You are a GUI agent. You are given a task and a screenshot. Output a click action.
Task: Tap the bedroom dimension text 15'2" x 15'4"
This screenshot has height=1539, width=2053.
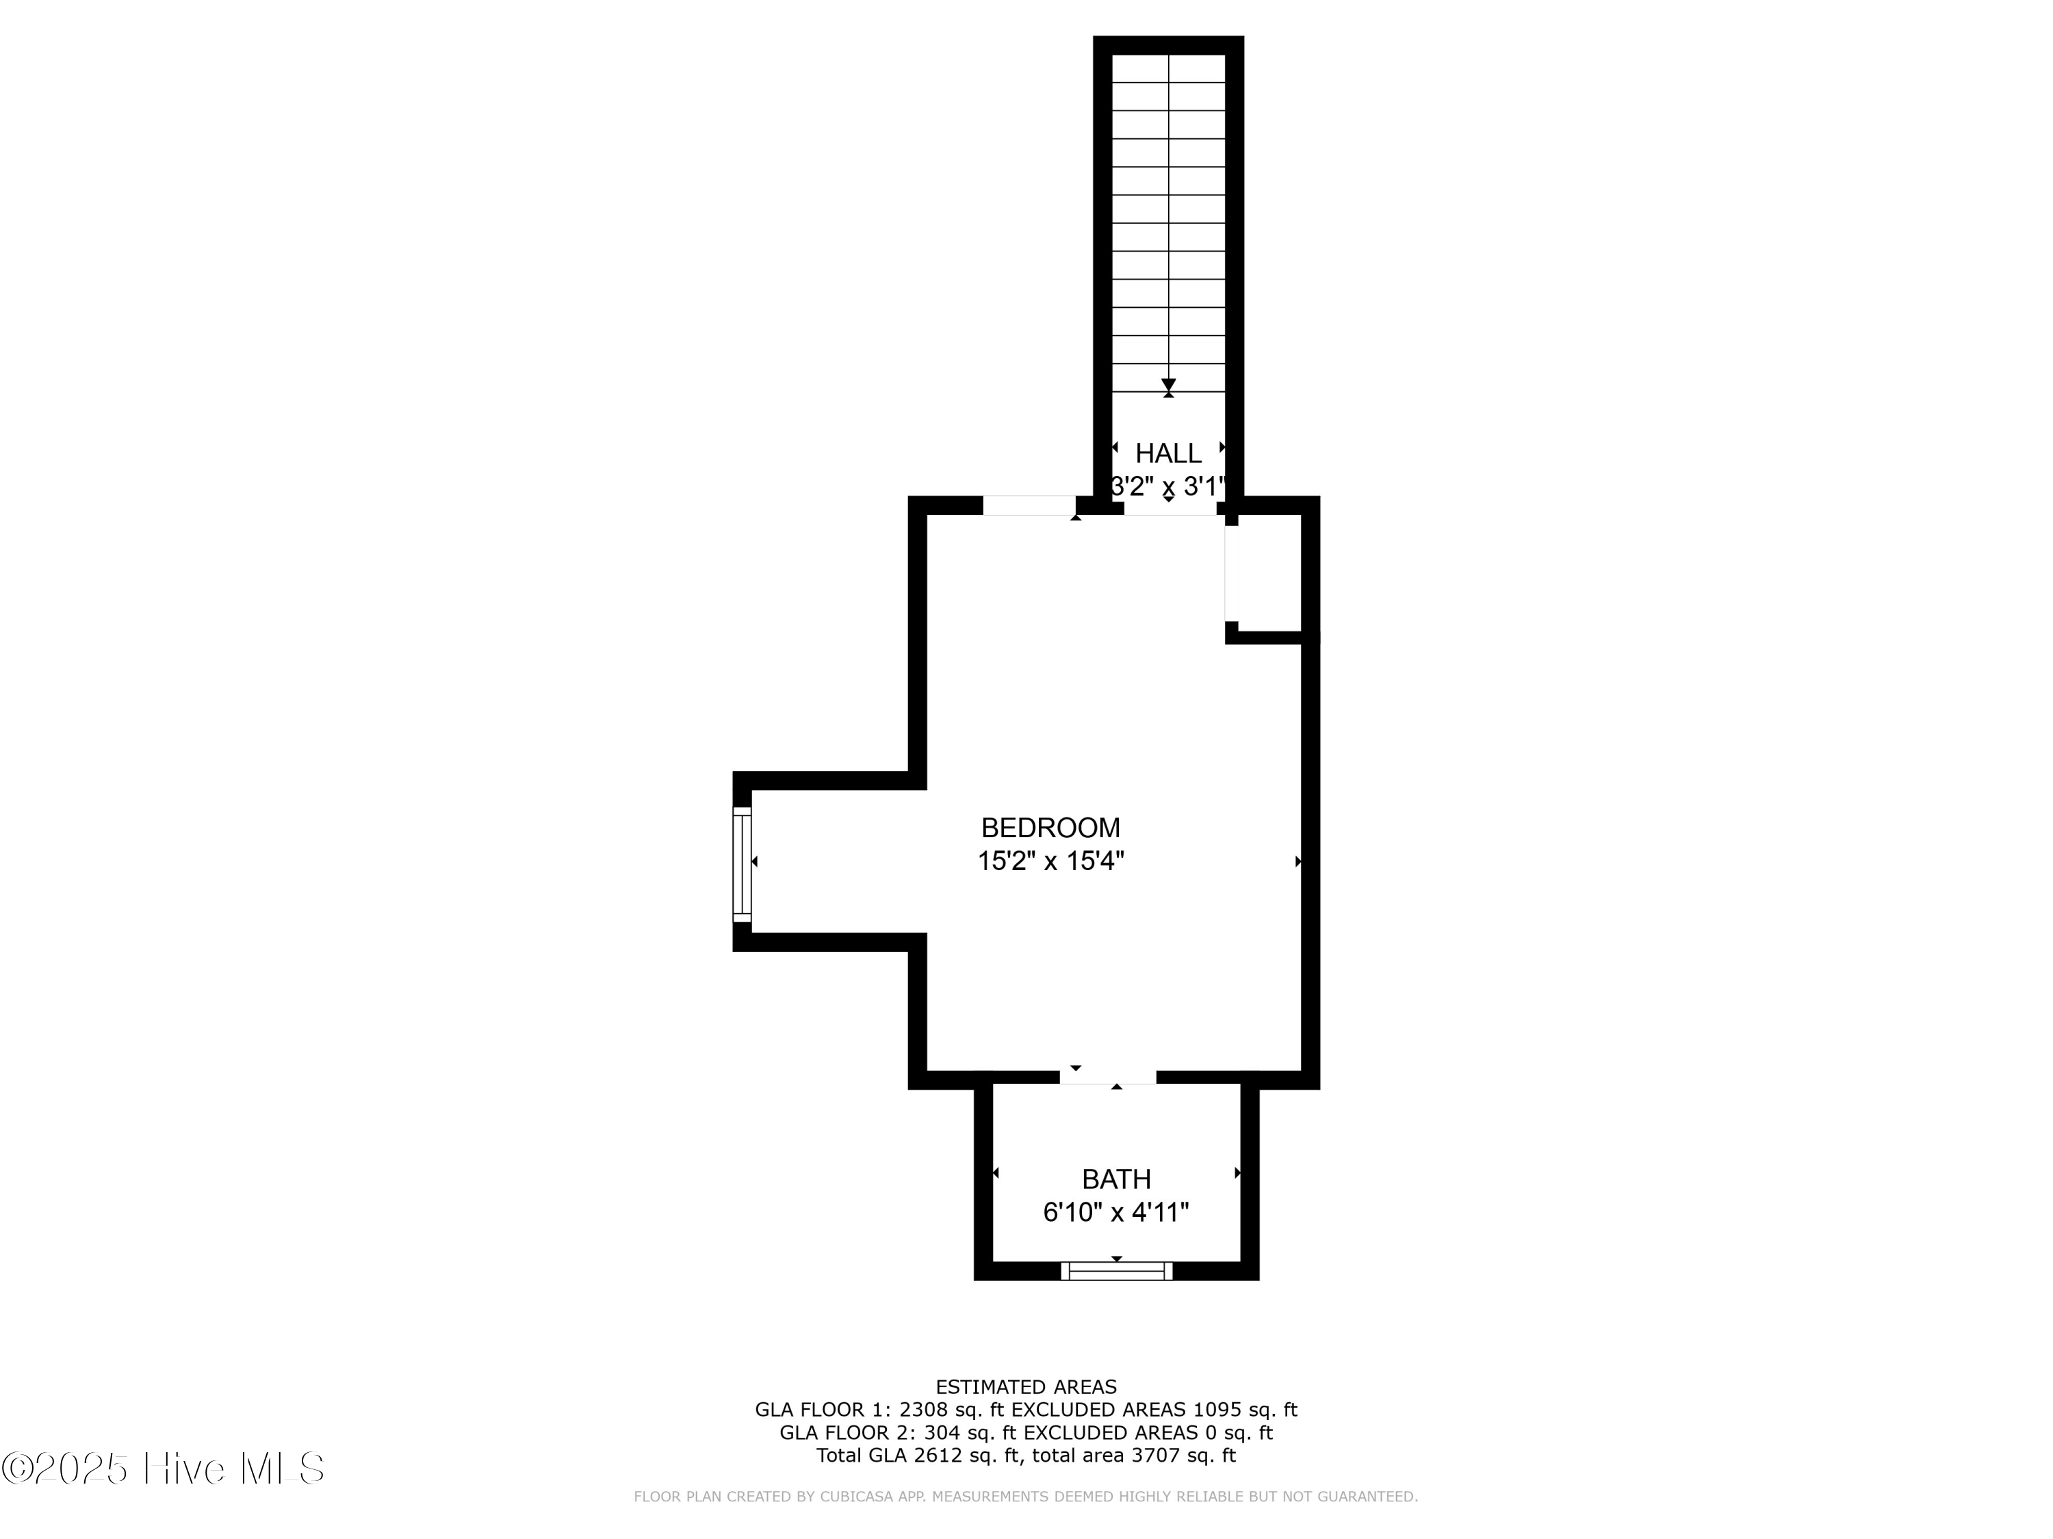(1050, 861)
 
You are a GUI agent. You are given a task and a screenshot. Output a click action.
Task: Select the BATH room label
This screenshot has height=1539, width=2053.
(1117, 1179)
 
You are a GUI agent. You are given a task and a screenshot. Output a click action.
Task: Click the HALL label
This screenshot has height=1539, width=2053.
(1169, 453)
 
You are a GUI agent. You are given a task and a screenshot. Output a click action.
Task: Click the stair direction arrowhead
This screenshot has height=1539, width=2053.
(1169, 384)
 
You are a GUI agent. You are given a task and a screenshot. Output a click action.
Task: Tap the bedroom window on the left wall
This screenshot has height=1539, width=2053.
(742, 865)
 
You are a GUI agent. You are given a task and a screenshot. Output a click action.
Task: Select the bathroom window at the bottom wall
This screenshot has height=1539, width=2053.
(1117, 1272)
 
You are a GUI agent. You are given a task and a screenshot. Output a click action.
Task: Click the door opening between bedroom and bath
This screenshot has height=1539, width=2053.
(1108, 1077)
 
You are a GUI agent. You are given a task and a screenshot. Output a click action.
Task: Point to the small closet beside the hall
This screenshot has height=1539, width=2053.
(1264, 573)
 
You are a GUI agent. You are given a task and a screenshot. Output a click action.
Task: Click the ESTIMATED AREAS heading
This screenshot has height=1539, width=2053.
(1026, 1387)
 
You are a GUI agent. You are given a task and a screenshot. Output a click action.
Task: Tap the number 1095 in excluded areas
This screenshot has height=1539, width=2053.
(1217, 1410)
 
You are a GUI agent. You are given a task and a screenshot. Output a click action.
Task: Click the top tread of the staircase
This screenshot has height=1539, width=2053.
(1169, 68)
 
